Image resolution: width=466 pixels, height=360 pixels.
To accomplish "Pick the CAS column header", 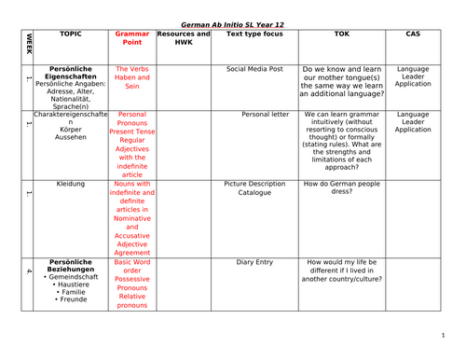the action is [x=413, y=33].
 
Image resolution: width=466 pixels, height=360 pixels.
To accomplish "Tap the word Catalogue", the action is [x=254, y=194].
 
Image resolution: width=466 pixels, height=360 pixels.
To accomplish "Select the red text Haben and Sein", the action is [x=131, y=78].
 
